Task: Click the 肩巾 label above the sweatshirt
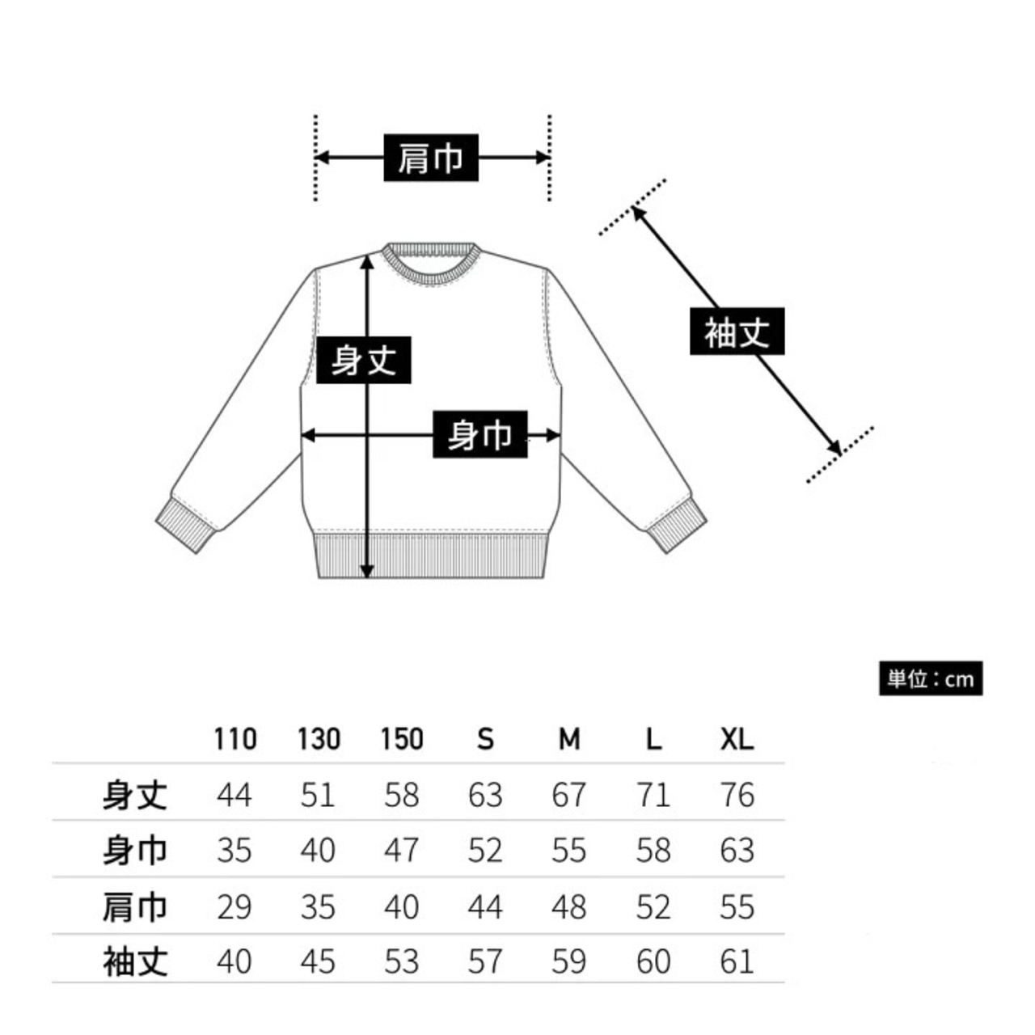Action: coord(430,158)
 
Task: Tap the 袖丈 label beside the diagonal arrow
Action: coord(737,332)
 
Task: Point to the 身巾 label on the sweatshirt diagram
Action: coord(479,435)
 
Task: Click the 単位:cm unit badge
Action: coord(931,678)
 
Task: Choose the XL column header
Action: coord(737,738)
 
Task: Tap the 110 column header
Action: coord(235,738)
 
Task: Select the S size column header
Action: coord(485,738)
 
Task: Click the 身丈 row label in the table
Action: coord(134,795)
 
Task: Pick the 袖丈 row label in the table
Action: coord(134,961)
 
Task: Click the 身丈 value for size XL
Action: coord(737,795)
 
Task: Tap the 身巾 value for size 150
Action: coord(402,851)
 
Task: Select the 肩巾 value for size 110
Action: coord(234,906)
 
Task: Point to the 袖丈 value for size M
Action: coord(568,961)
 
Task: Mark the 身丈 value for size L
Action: coord(653,795)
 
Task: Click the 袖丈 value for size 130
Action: coord(318,961)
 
